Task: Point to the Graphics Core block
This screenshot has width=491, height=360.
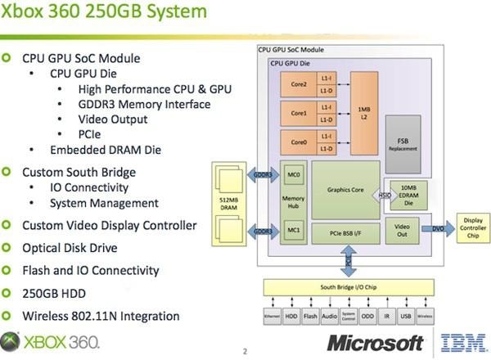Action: click(345, 189)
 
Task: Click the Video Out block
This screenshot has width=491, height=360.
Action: click(402, 229)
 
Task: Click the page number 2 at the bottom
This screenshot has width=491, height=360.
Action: click(245, 352)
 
